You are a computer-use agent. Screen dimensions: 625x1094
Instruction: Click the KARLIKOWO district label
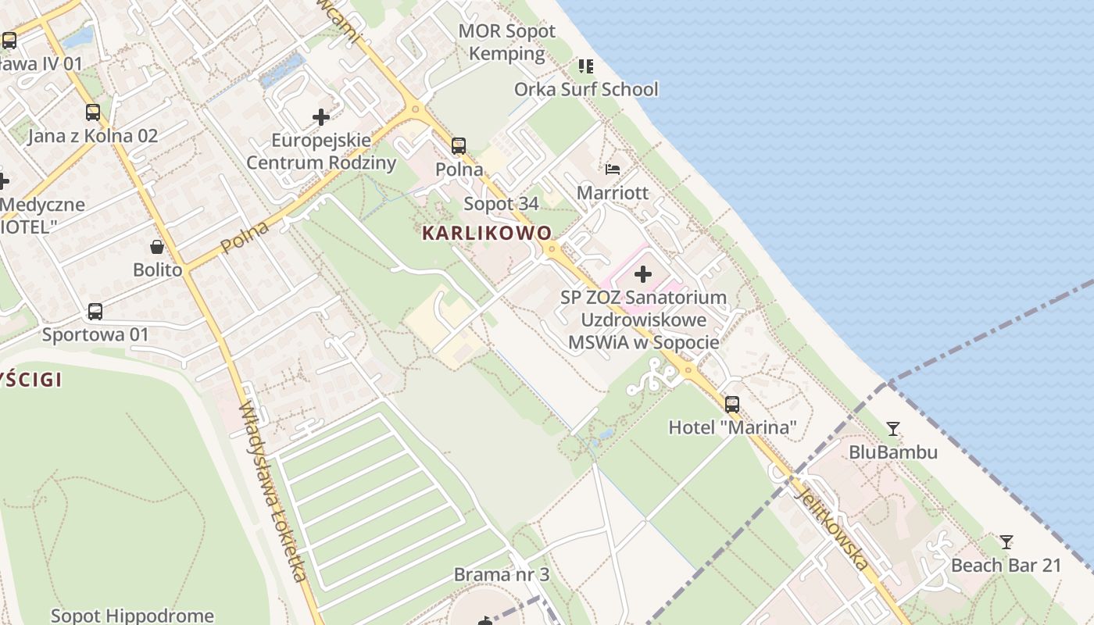[487, 233]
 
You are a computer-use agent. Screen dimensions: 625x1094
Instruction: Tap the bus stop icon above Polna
[459, 146]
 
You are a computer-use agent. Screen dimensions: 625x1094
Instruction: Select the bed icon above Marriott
[613, 169]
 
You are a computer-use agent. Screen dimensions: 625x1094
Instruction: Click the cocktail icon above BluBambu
[892, 429]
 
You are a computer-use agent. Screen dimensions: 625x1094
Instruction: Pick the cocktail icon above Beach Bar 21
[1006, 541]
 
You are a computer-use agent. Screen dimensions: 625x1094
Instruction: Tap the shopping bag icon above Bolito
[157, 248]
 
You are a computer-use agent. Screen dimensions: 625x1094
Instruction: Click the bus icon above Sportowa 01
[95, 312]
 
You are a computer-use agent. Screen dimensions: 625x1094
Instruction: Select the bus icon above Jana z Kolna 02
[93, 112]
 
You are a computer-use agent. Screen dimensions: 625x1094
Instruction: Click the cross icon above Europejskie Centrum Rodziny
[320, 118]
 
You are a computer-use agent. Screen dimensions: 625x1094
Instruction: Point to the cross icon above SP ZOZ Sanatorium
[643, 274]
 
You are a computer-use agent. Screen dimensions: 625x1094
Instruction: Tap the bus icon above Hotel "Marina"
[732, 404]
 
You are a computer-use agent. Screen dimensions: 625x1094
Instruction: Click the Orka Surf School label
[586, 89]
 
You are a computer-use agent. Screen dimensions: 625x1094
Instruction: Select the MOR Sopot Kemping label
[506, 42]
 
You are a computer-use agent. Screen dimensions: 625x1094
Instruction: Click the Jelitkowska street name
[831, 524]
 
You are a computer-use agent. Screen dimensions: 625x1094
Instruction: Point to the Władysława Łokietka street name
[273, 492]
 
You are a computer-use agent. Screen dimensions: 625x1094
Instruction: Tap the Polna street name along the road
[245, 237]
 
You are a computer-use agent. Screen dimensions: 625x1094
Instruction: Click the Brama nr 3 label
[502, 575]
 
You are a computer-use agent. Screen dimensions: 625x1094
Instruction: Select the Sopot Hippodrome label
[132, 616]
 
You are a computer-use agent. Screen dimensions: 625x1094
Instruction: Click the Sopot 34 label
[501, 204]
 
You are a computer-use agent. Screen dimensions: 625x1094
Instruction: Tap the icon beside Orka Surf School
[585, 66]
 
